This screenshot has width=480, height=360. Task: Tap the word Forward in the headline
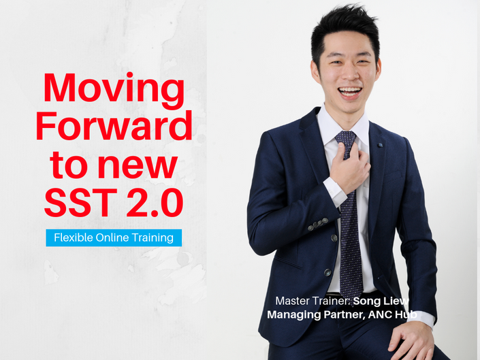click(114, 125)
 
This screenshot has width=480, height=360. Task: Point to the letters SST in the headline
click(81, 203)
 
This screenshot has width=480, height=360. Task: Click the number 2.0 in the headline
click(155, 203)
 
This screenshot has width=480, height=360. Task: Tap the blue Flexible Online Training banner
click(114, 238)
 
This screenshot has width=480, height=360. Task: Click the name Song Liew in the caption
click(381, 301)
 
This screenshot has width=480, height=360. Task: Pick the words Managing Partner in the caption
click(316, 314)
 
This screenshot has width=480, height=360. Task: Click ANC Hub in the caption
click(393, 314)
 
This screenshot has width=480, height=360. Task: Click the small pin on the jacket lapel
click(380, 145)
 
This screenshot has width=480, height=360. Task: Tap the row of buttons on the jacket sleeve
click(318, 224)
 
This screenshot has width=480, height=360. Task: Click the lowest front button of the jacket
click(327, 272)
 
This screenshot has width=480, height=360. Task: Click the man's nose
click(350, 73)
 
